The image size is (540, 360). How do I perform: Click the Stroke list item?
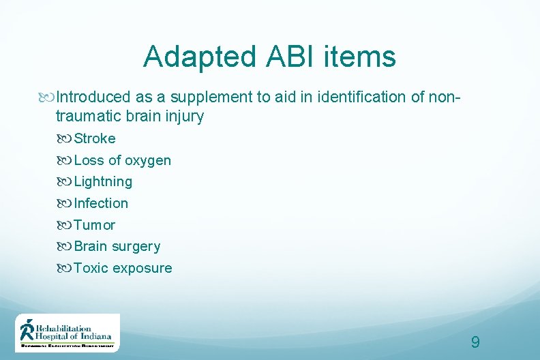pos(94,138)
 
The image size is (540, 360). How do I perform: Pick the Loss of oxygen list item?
pos(122,160)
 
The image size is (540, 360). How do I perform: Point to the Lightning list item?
pos(102,181)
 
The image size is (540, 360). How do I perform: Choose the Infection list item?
pos(100,203)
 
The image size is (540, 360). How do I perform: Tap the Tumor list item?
pos(94,225)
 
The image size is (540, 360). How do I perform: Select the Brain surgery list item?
pos(117,246)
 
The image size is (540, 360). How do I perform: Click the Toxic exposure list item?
pos(123,268)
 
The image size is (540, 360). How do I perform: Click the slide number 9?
pos(475,342)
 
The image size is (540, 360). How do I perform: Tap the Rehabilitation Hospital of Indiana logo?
pos(67,332)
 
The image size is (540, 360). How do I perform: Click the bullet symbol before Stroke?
pos(65,139)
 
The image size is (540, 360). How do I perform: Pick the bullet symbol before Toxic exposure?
pos(65,269)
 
